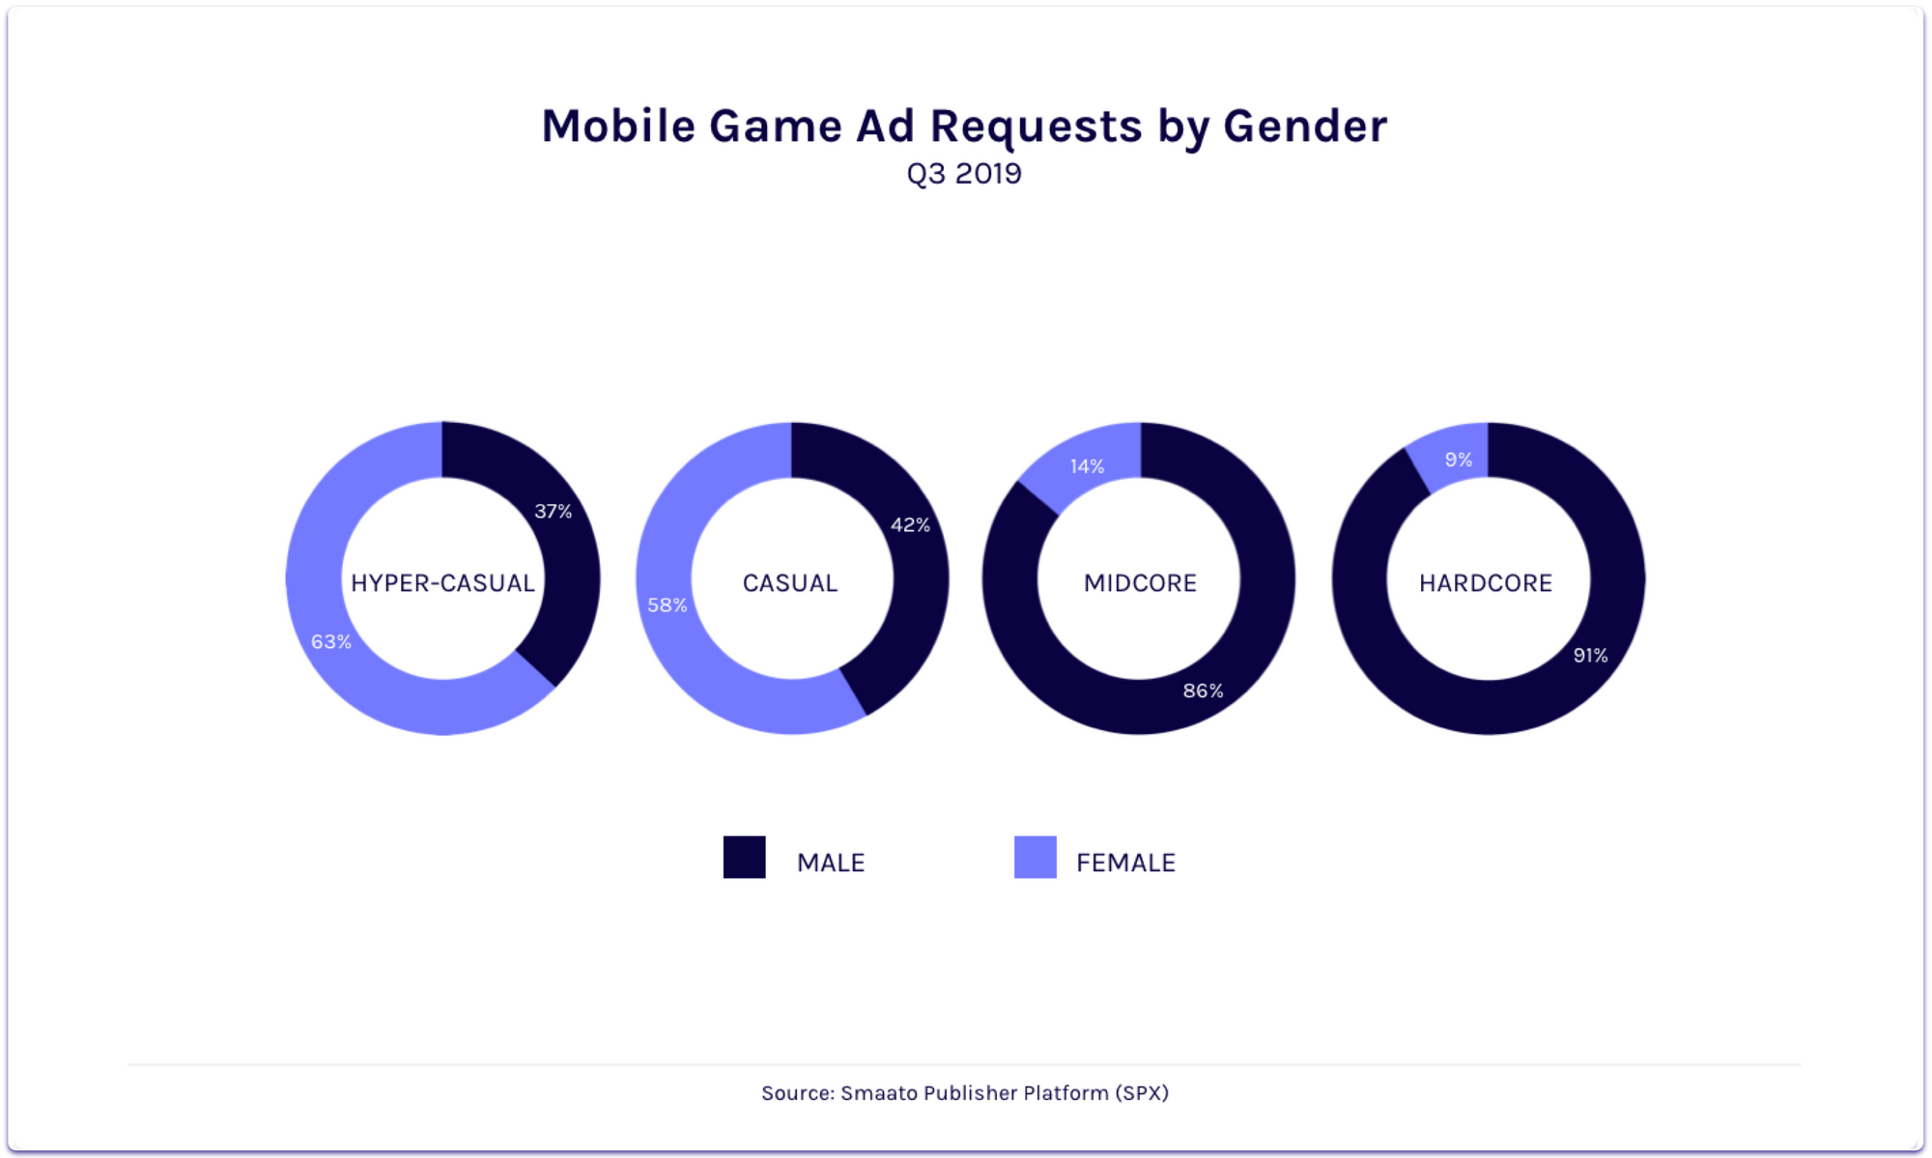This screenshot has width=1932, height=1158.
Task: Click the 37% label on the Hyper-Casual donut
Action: (x=554, y=511)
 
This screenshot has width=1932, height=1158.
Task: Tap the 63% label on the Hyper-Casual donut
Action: (x=331, y=641)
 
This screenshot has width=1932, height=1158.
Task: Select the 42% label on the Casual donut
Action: (x=910, y=524)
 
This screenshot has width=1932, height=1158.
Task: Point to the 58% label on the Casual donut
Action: (x=668, y=605)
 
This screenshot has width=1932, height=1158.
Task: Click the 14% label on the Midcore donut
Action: (x=1087, y=466)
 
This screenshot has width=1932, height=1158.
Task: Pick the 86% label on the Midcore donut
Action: (x=1204, y=691)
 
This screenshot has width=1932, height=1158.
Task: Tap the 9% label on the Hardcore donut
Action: (x=1459, y=460)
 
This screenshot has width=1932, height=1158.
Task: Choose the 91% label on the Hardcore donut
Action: (x=1590, y=655)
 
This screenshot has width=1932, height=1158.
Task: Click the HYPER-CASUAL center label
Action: (x=442, y=583)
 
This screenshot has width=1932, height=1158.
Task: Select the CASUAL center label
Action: (x=790, y=583)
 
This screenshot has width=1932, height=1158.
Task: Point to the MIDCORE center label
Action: (x=1140, y=583)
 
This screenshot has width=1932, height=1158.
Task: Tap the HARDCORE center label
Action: (x=1486, y=583)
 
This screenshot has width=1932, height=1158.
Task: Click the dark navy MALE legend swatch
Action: (x=745, y=858)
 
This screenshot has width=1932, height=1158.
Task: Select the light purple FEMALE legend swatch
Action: (x=1036, y=858)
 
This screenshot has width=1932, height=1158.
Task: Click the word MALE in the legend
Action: (x=831, y=862)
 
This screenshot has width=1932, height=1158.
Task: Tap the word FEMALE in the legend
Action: (x=1125, y=862)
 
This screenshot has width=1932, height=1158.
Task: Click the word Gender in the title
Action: (x=1305, y=127)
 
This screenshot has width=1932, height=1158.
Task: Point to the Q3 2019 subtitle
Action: (x=964, y=174)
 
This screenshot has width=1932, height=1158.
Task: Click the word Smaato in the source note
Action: (x=879, y=1093)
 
